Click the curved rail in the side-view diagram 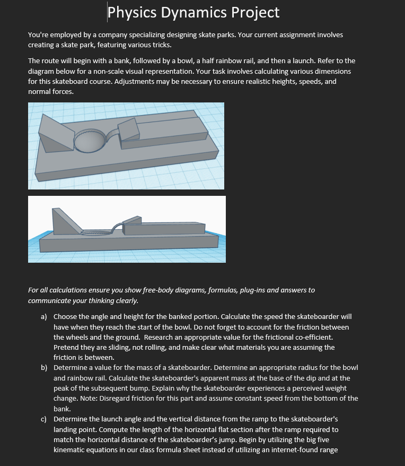coord(118,227)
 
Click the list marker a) coord(44,316)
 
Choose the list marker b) coord(44,367)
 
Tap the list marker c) coord(44,419)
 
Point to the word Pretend coord(67,348)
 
